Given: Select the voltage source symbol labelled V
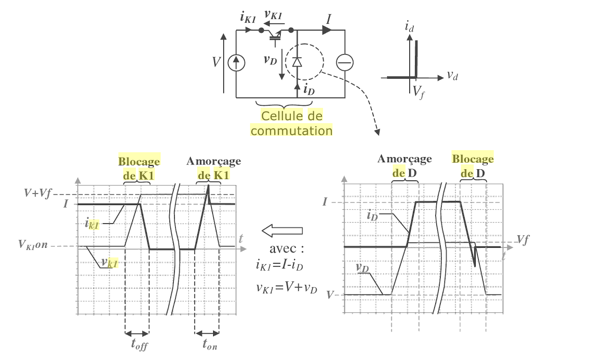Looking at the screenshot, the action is pos(236,62).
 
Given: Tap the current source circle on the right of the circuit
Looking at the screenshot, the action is pos(345,62).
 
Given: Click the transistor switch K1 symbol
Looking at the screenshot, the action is pos(276,34).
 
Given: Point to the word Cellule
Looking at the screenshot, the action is pos(282,116).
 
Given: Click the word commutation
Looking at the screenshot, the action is pos(291,131).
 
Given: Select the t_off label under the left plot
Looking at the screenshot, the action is pos(140,345).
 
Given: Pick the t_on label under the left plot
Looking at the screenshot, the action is pos(210,344).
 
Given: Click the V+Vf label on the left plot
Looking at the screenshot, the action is pos(38,192).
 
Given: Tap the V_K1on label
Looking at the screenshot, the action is pos(33,245).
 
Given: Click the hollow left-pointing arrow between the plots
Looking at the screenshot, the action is pos(282,230).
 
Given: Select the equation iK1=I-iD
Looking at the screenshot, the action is pos(279,265).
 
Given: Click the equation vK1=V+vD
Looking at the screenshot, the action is pos(287,288).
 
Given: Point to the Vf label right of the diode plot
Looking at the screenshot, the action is pos(523,239).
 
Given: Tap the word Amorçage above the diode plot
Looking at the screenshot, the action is pos(404,159).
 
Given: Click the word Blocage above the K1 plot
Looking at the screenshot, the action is pos(139,161).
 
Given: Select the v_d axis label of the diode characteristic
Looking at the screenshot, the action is pos(453,76).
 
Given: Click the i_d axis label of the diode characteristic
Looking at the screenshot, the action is pos(409,27).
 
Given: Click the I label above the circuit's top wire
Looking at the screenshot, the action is pos(329,19).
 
